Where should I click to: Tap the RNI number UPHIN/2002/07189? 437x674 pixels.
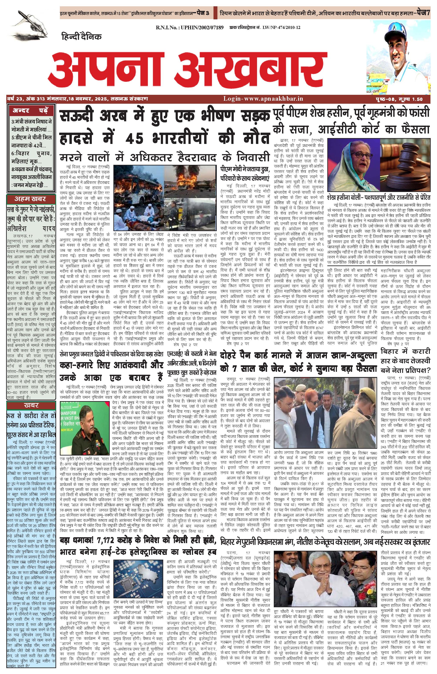point(190,27)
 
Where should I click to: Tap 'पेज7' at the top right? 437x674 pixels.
point(421,13)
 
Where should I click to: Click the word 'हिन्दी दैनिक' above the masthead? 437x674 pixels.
point(82,37)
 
